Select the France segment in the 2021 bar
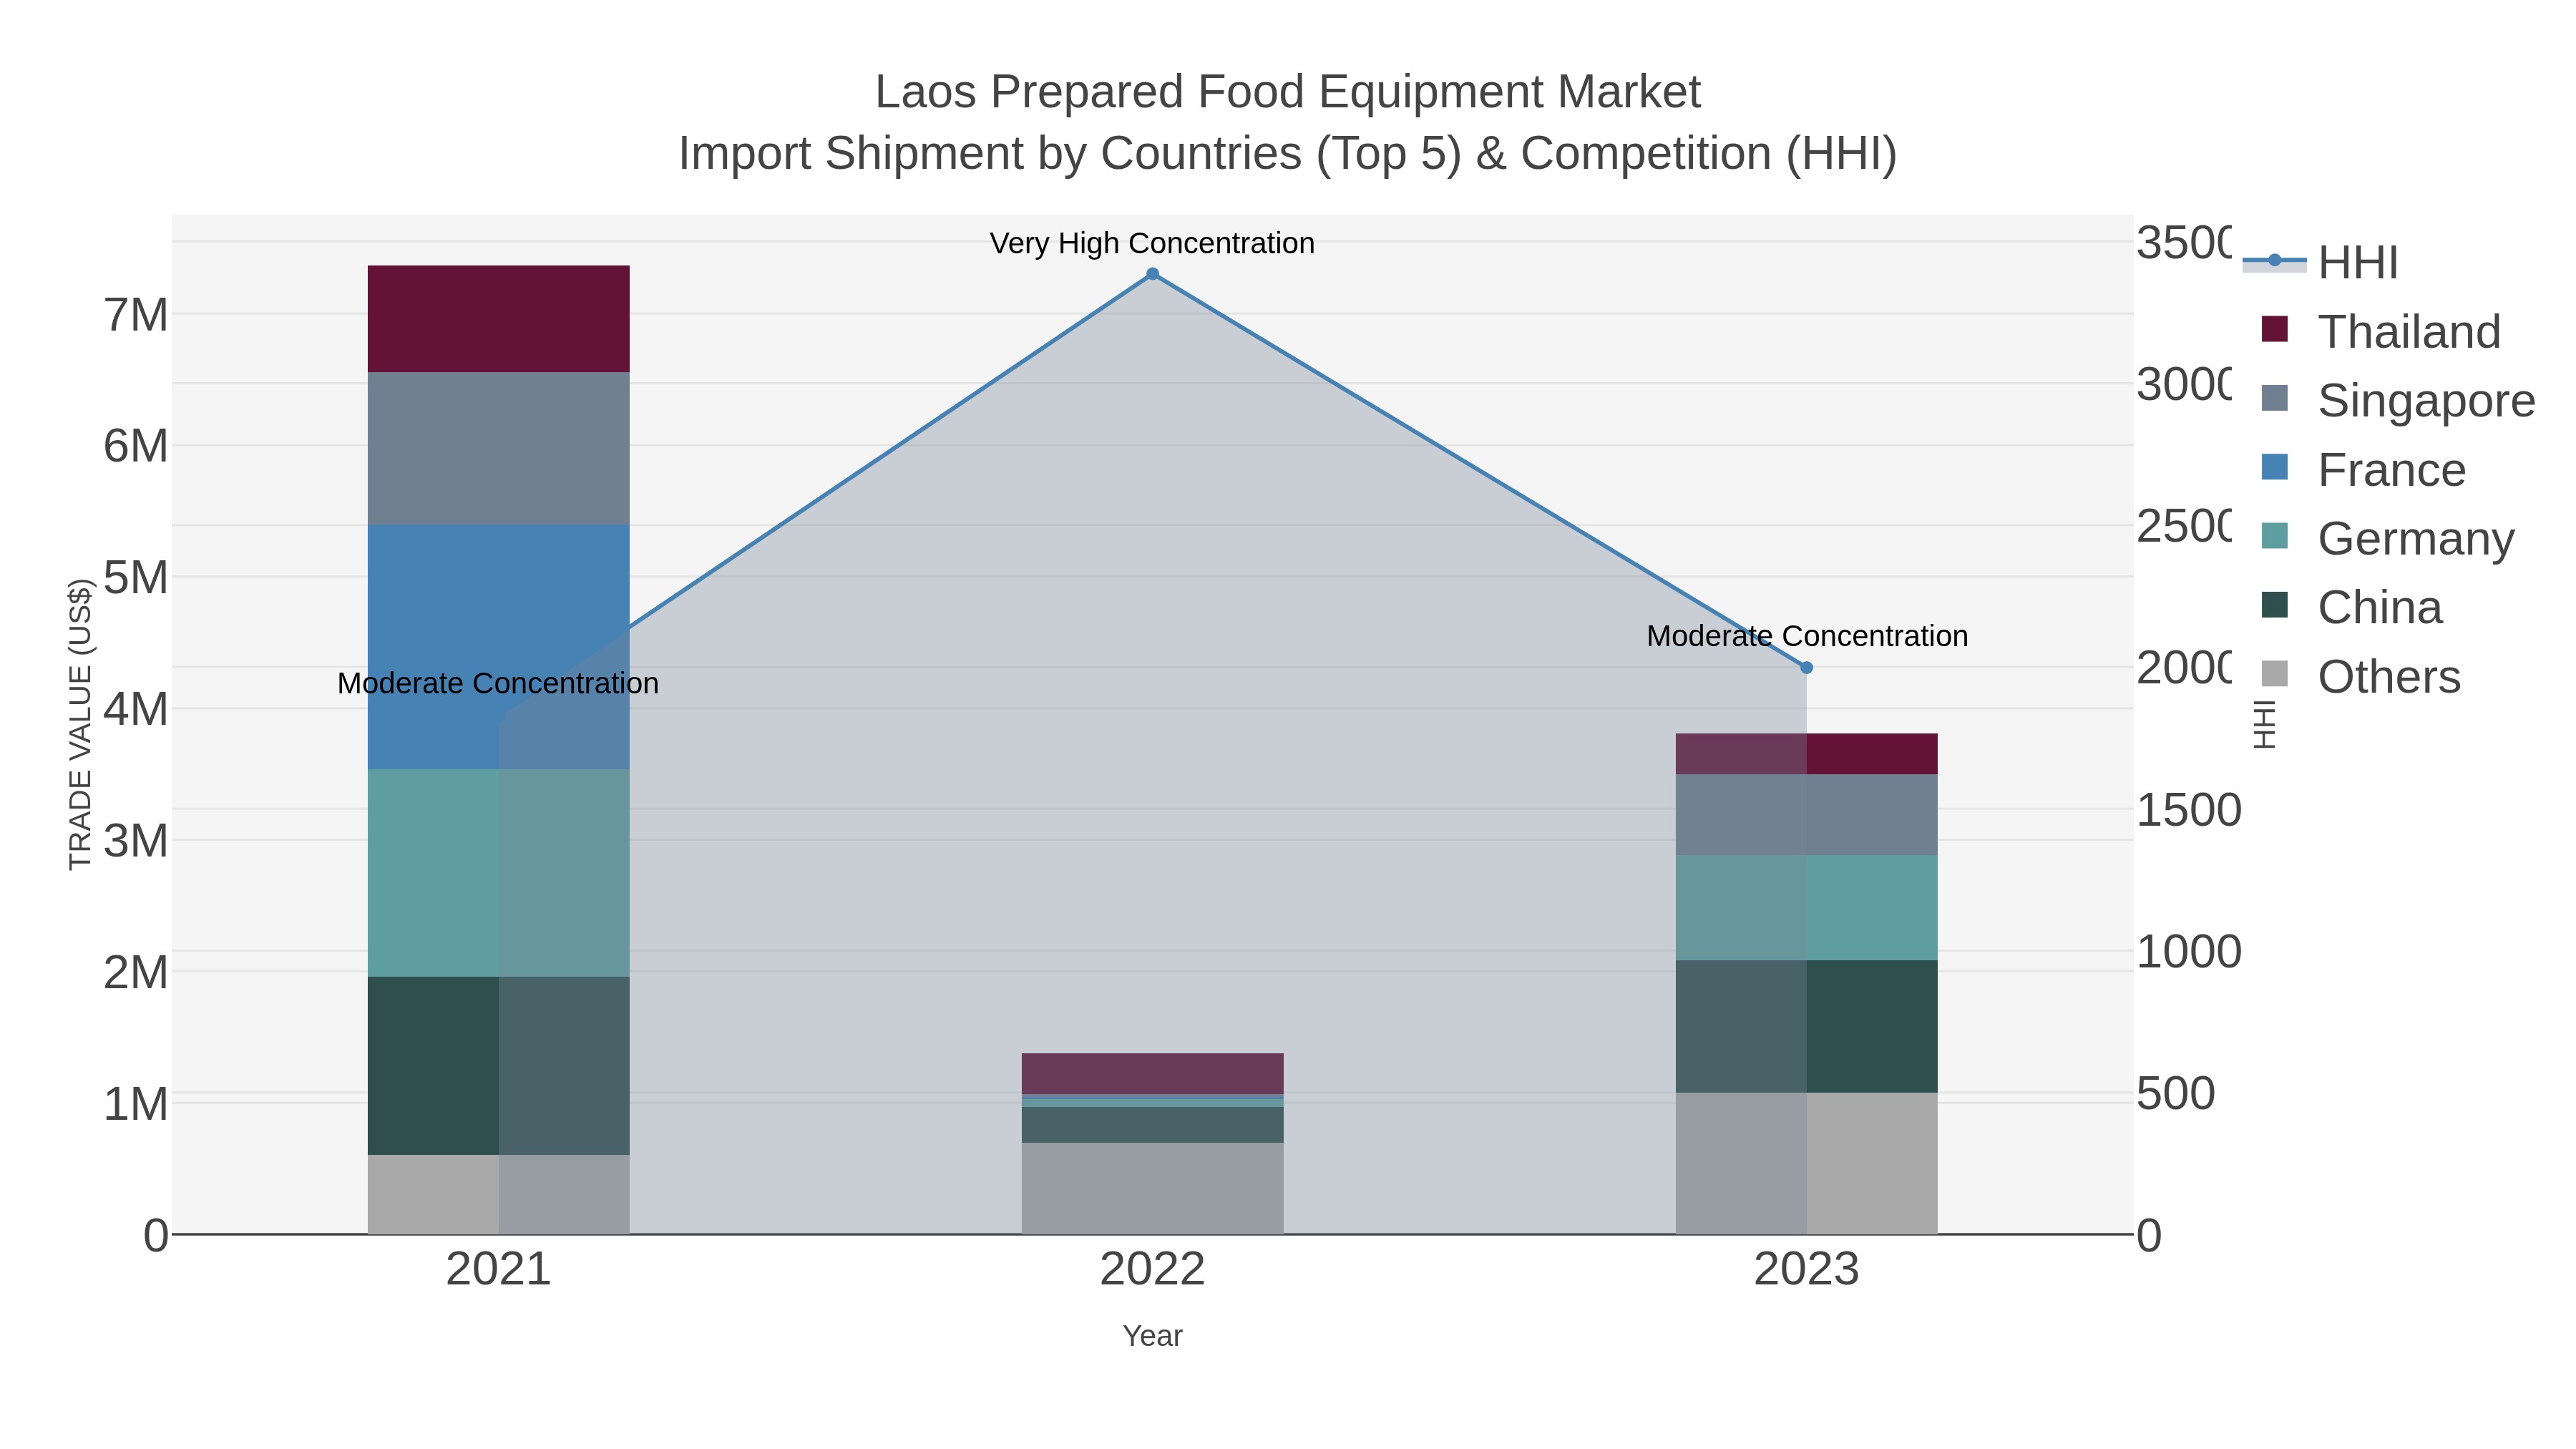pyautogui.click(x=498, y=646)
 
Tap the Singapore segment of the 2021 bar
pyautogui.click(x=498, y=447)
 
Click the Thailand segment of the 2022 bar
pyautogui.click(x=1152, y=1073)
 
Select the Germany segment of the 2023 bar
pyautogui.click(x=1806, y=907)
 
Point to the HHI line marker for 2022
pyautogui.click(x=1152, y=274)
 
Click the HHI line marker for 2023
pyautogui.click(x=1806, y=667)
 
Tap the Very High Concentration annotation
pyautogui.click(x=1152, y=243)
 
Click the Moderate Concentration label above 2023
pyautogui.click(x=1806, y=636)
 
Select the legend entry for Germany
pyautogui.click(x=2414, y=539)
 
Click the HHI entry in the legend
pyautogui.click(x=2356, y=262)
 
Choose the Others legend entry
pyautogui.click(x=2388, y=677)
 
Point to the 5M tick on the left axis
pyautogui.click(x=136, y=577)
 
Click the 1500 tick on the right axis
pyautogui.click(x=2188, y=810)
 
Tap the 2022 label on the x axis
pyautogui.click(x=1152, y=1269)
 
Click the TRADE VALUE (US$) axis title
pyautogui.click(x=80, y=724)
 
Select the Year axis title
pyautogui.click(x=1152, y=1336)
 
